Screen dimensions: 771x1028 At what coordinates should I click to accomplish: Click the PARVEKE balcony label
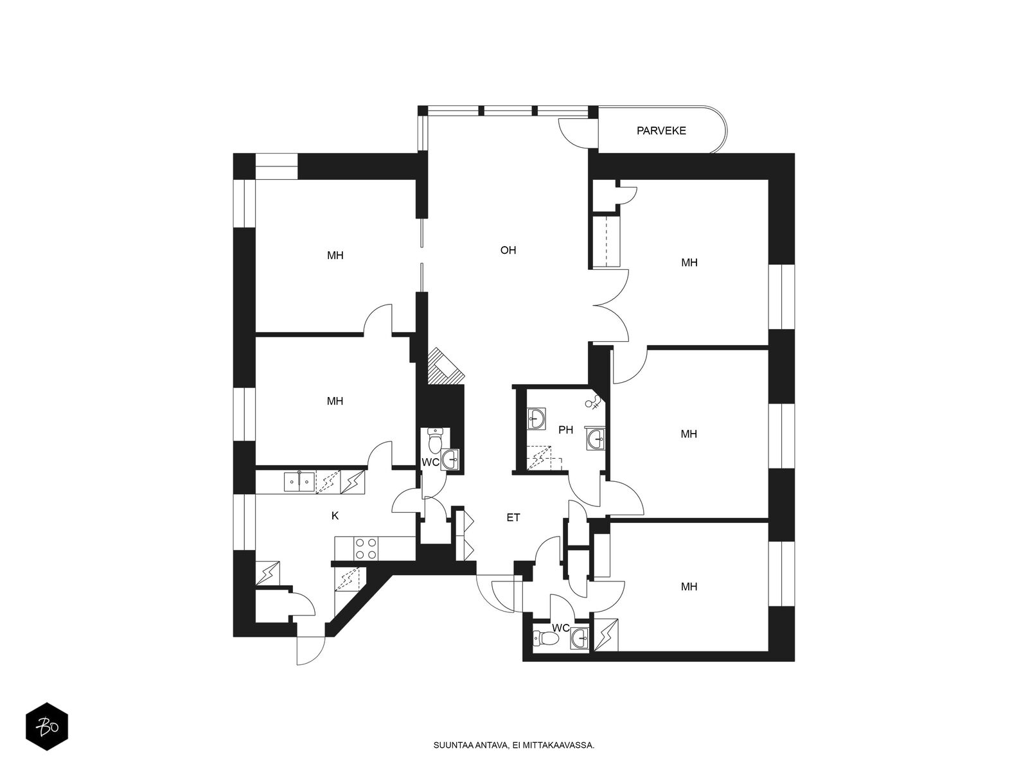(661, 131)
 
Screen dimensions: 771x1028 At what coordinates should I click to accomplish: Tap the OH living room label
(508, 251)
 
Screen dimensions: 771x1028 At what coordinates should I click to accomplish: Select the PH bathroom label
(565, 430)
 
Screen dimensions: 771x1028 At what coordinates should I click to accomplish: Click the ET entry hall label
(513, 517)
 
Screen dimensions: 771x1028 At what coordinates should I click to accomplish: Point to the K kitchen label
(335, 516)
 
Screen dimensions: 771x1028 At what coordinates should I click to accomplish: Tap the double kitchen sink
(299, 481)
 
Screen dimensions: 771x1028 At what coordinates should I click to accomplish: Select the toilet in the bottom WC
(544, 639)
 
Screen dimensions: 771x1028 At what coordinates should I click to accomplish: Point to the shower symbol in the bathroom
(595, 403)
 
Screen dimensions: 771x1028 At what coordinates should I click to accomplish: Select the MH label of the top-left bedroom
(335, 256)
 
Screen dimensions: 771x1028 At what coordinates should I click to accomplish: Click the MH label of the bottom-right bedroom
(689, 587)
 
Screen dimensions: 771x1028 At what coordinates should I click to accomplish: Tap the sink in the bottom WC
(580, 638)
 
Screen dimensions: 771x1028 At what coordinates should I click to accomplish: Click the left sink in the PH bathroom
(536, 419)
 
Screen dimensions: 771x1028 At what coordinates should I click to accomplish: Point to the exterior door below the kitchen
(308, 650)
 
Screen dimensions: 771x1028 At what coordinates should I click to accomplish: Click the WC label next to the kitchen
(430, 463)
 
